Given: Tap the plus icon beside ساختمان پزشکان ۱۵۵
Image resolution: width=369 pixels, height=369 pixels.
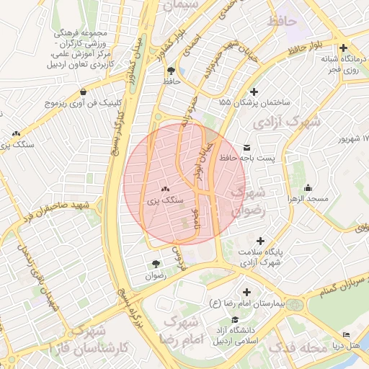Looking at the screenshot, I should (x=253, y=92).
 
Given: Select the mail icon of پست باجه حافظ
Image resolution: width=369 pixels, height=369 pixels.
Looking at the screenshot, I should (x=249, y=146).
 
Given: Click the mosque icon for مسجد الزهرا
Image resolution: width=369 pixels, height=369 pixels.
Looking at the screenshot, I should (x=308, y=187).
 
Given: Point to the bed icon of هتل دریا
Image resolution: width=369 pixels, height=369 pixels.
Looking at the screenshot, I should (x=346, y=334).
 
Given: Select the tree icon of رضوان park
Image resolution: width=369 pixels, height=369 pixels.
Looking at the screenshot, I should (x=156, y=264).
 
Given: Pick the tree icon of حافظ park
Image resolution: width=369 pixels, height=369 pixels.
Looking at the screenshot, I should (x=171, y=71).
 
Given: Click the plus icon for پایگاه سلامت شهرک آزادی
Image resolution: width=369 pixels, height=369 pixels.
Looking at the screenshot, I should (x=260, y=241).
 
